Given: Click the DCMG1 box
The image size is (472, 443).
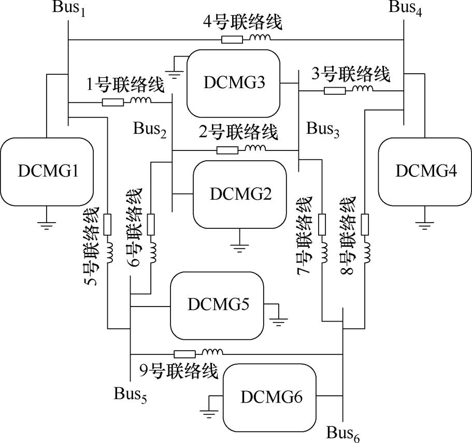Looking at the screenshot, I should point(46,172).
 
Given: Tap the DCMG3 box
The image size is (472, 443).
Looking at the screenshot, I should point(233,83).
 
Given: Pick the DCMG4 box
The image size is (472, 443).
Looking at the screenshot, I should point(425,171).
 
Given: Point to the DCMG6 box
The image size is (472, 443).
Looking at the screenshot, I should point(270,397).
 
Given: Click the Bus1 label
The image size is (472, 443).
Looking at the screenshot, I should point(67,8).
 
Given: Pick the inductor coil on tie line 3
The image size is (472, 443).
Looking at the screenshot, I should point(363,90).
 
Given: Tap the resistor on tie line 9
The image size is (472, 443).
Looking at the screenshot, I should point(185,354).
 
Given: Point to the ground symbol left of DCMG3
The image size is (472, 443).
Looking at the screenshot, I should point(175,74).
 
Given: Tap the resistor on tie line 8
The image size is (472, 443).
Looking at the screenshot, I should point(364,224).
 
